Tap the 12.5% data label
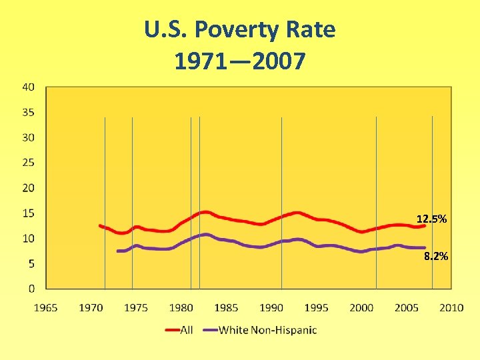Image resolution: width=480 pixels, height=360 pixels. [x=431, y=219]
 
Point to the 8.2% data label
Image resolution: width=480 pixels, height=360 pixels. [x=436, y=256]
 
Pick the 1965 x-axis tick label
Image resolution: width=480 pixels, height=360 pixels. [x=46, y=307]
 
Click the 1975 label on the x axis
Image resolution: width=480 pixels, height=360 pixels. [x=136, y=307]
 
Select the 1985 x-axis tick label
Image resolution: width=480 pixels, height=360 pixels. [x=227, y=307]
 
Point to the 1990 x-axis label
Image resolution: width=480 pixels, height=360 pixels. [x=271, y=307]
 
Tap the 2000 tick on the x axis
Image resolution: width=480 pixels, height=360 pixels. [x=361, y=307]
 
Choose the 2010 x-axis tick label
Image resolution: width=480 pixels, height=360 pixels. [x=451, y=307]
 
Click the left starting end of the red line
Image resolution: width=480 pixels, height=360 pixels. [x=100, y=225]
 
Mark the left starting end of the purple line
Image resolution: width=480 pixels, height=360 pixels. [x=118, y=251]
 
